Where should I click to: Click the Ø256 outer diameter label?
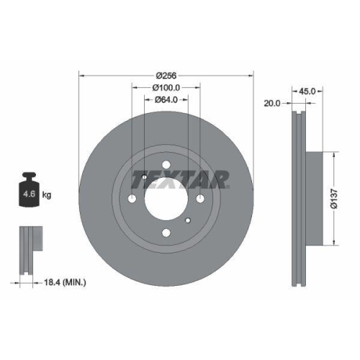pyautogui.click(x=166, y=73)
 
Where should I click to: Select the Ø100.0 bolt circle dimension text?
pyautogui.click(x=166, y=87)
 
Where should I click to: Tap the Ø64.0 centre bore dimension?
pyautogui.click(x=166, y=100)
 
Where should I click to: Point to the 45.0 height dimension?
pyautogui.click(x=307, y=91)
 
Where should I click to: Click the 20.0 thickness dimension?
pyautogui.click(x=272, y=104)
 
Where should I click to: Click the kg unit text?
pyautogui.click(x=46, y=195)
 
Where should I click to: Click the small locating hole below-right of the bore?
pyautogui.click(x=188, y=220)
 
